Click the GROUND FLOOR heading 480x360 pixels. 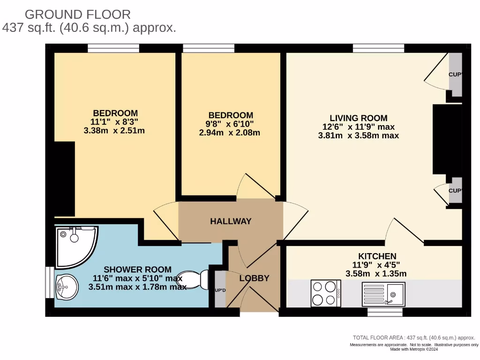pyautogui.click(x=78, y=15)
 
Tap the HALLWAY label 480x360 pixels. pyautogui.click(x=231, y=221)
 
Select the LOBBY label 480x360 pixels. pyautogui.click(x=254, y=278)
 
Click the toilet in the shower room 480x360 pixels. pyautogui.click(x=193, y=279)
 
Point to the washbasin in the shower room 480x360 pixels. pyautogui.click(x=67, y=287)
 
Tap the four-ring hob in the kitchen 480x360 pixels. pyautogui.click(x=326, y=293)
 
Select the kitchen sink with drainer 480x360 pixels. pyautogui.click(x=383, y=294)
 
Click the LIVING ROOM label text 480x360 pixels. pyautogui.click(x=359, y=118)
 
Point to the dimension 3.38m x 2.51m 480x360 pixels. pyautogui.click(x=114, y=131)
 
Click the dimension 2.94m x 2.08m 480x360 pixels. pyautogui.click(x=230, y=133)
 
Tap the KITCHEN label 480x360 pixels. pyautogui.click(x=377, y=256)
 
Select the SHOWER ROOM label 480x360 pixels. pyautogui.click(x=137, y=270)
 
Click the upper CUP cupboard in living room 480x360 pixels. pyautogui.click(x=455, y=75)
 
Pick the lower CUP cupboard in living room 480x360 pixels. pyautogui.click(x=455, y=190)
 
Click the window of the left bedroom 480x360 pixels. pyautogui.click(x=113, y=48)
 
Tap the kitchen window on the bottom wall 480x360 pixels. pyautogui.click(x=385, y=312)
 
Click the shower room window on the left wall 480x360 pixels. pyautogui.click(x=50, y=282)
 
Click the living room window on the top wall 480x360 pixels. pyautogui.click(x=378, y=48)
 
